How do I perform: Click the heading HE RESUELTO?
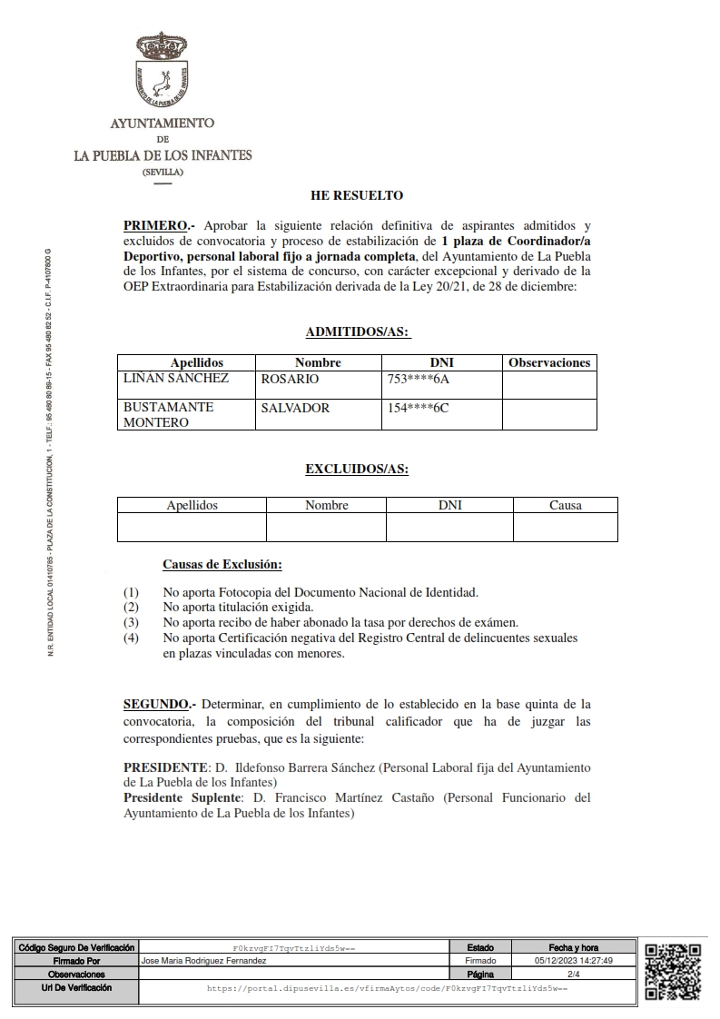(356, 195)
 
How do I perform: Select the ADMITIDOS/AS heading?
(357, 333)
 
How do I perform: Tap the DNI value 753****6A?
(419, 379)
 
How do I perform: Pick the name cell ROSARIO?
(290, 379)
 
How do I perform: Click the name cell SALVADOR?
(295, 408)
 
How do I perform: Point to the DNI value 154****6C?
(419, 408)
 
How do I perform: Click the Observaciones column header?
(549, 362)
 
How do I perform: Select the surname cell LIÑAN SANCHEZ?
(176, 379)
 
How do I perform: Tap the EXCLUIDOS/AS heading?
(357, 470)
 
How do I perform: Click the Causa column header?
(565, 505)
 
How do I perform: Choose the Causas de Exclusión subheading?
(222, 565)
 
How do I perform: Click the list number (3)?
(132, 622)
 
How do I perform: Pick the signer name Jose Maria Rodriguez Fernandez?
(204, 960)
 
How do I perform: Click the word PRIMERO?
(156, 224)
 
